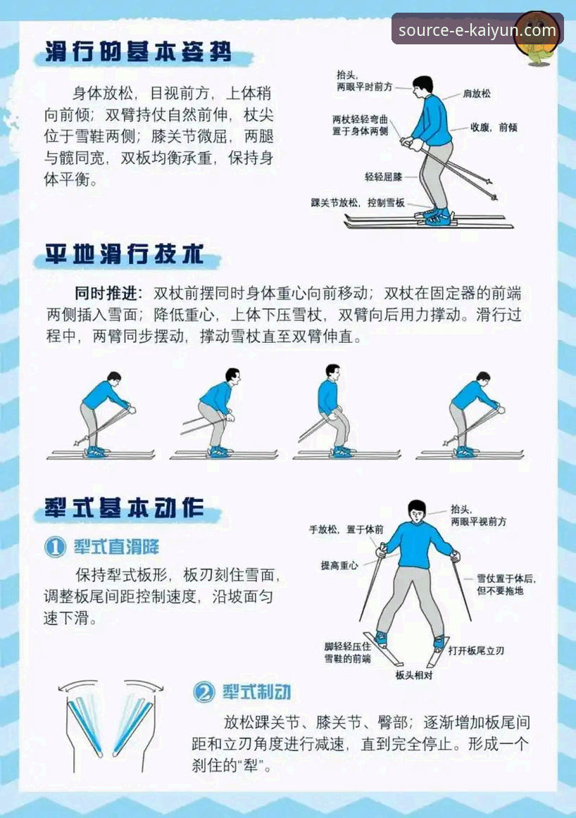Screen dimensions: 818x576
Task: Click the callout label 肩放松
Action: point(477,93)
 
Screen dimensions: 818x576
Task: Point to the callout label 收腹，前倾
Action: point(494,127)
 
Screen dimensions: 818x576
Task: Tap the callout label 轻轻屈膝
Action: point(381,176)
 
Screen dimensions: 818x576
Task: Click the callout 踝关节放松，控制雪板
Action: point(358,203)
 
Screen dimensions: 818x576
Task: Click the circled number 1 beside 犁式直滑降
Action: point(55,547)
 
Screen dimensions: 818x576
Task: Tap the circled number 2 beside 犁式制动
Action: point(204,693)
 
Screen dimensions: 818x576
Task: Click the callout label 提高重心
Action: point(339,565)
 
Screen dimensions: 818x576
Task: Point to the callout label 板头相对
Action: point(413,674)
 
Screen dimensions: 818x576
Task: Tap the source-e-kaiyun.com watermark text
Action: point(477,30)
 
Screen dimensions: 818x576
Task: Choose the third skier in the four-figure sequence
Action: point(330,412)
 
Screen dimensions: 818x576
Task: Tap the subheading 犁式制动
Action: point(256,693)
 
